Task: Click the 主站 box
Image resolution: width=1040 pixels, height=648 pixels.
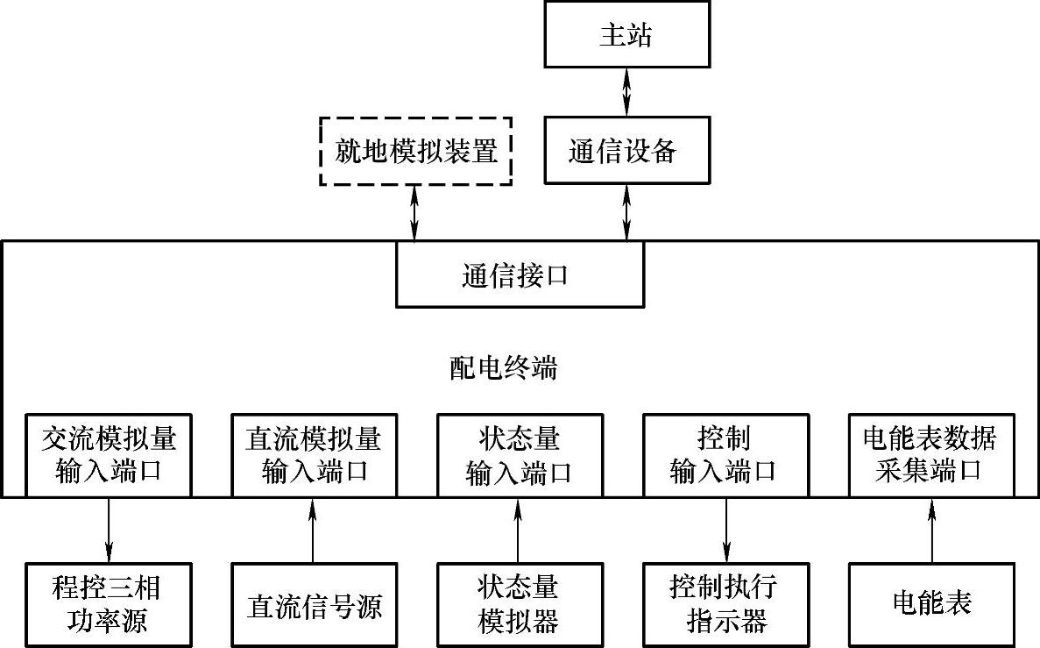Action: click(x=626, y=34)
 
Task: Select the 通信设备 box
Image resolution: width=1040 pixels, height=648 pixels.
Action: click(x=626, y=151)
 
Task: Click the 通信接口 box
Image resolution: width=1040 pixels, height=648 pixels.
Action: click(x=520, y=274)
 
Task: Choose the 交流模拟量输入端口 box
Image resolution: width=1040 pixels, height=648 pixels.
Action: click(x=109, y=455)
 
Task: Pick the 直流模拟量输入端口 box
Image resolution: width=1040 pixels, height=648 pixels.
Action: click(x=313, y=455)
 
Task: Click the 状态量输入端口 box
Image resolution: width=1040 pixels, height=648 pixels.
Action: click(x=519, y=455)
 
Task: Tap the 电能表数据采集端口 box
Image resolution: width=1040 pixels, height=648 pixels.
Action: click(x=930, y=455)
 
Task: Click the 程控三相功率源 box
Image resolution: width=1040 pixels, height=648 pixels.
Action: click(x=109, y=604)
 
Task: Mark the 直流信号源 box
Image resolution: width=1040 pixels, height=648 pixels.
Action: click(x=313, y=604)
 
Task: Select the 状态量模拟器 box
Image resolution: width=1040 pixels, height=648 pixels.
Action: click(x=519, y=604)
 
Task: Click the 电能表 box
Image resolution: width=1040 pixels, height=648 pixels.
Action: click(x=930, y=604)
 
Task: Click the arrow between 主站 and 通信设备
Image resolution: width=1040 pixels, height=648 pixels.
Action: click(x=626, y=92)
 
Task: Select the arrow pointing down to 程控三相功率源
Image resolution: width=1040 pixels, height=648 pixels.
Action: click(x=109, y=530)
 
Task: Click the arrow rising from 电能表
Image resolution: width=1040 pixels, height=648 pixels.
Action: click(x=931, y=530)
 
